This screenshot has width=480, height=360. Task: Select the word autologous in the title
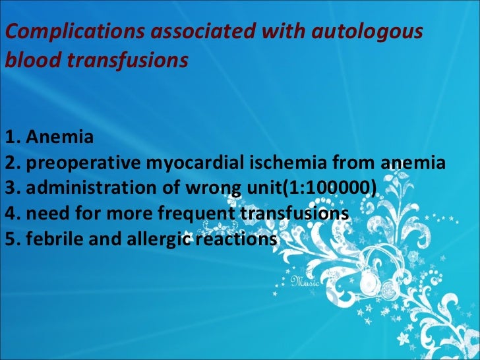pyautogui.click(x=371, y=32)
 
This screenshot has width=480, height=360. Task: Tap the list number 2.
pyautogui.click(x=9, y=164)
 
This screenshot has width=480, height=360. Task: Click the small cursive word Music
pyautogui.click(x=305, y=282)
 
